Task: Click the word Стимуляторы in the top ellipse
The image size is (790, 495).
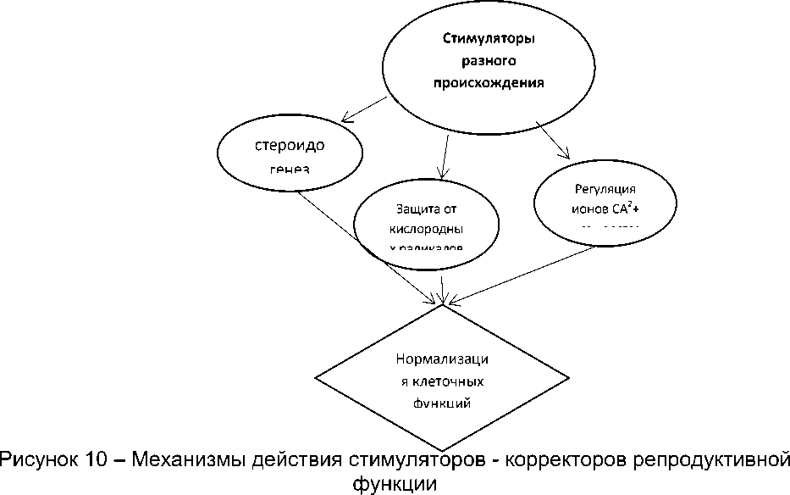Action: coord(490,39)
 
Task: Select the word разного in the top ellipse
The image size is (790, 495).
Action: coord(489,61)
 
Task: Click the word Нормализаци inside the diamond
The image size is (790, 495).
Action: coord(442,359)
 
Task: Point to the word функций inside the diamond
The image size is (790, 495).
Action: coord(441,403)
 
